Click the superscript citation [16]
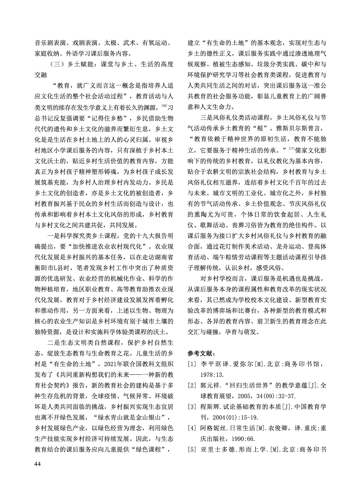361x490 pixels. coord(164,106)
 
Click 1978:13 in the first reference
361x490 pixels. coord(212,375)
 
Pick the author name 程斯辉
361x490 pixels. coord(209,407)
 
